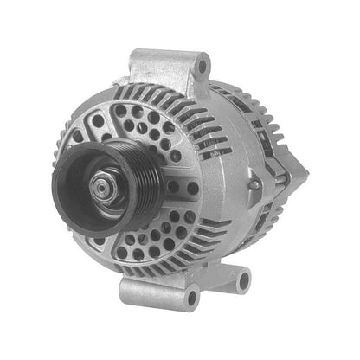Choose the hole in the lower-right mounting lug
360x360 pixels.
[242, 279]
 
